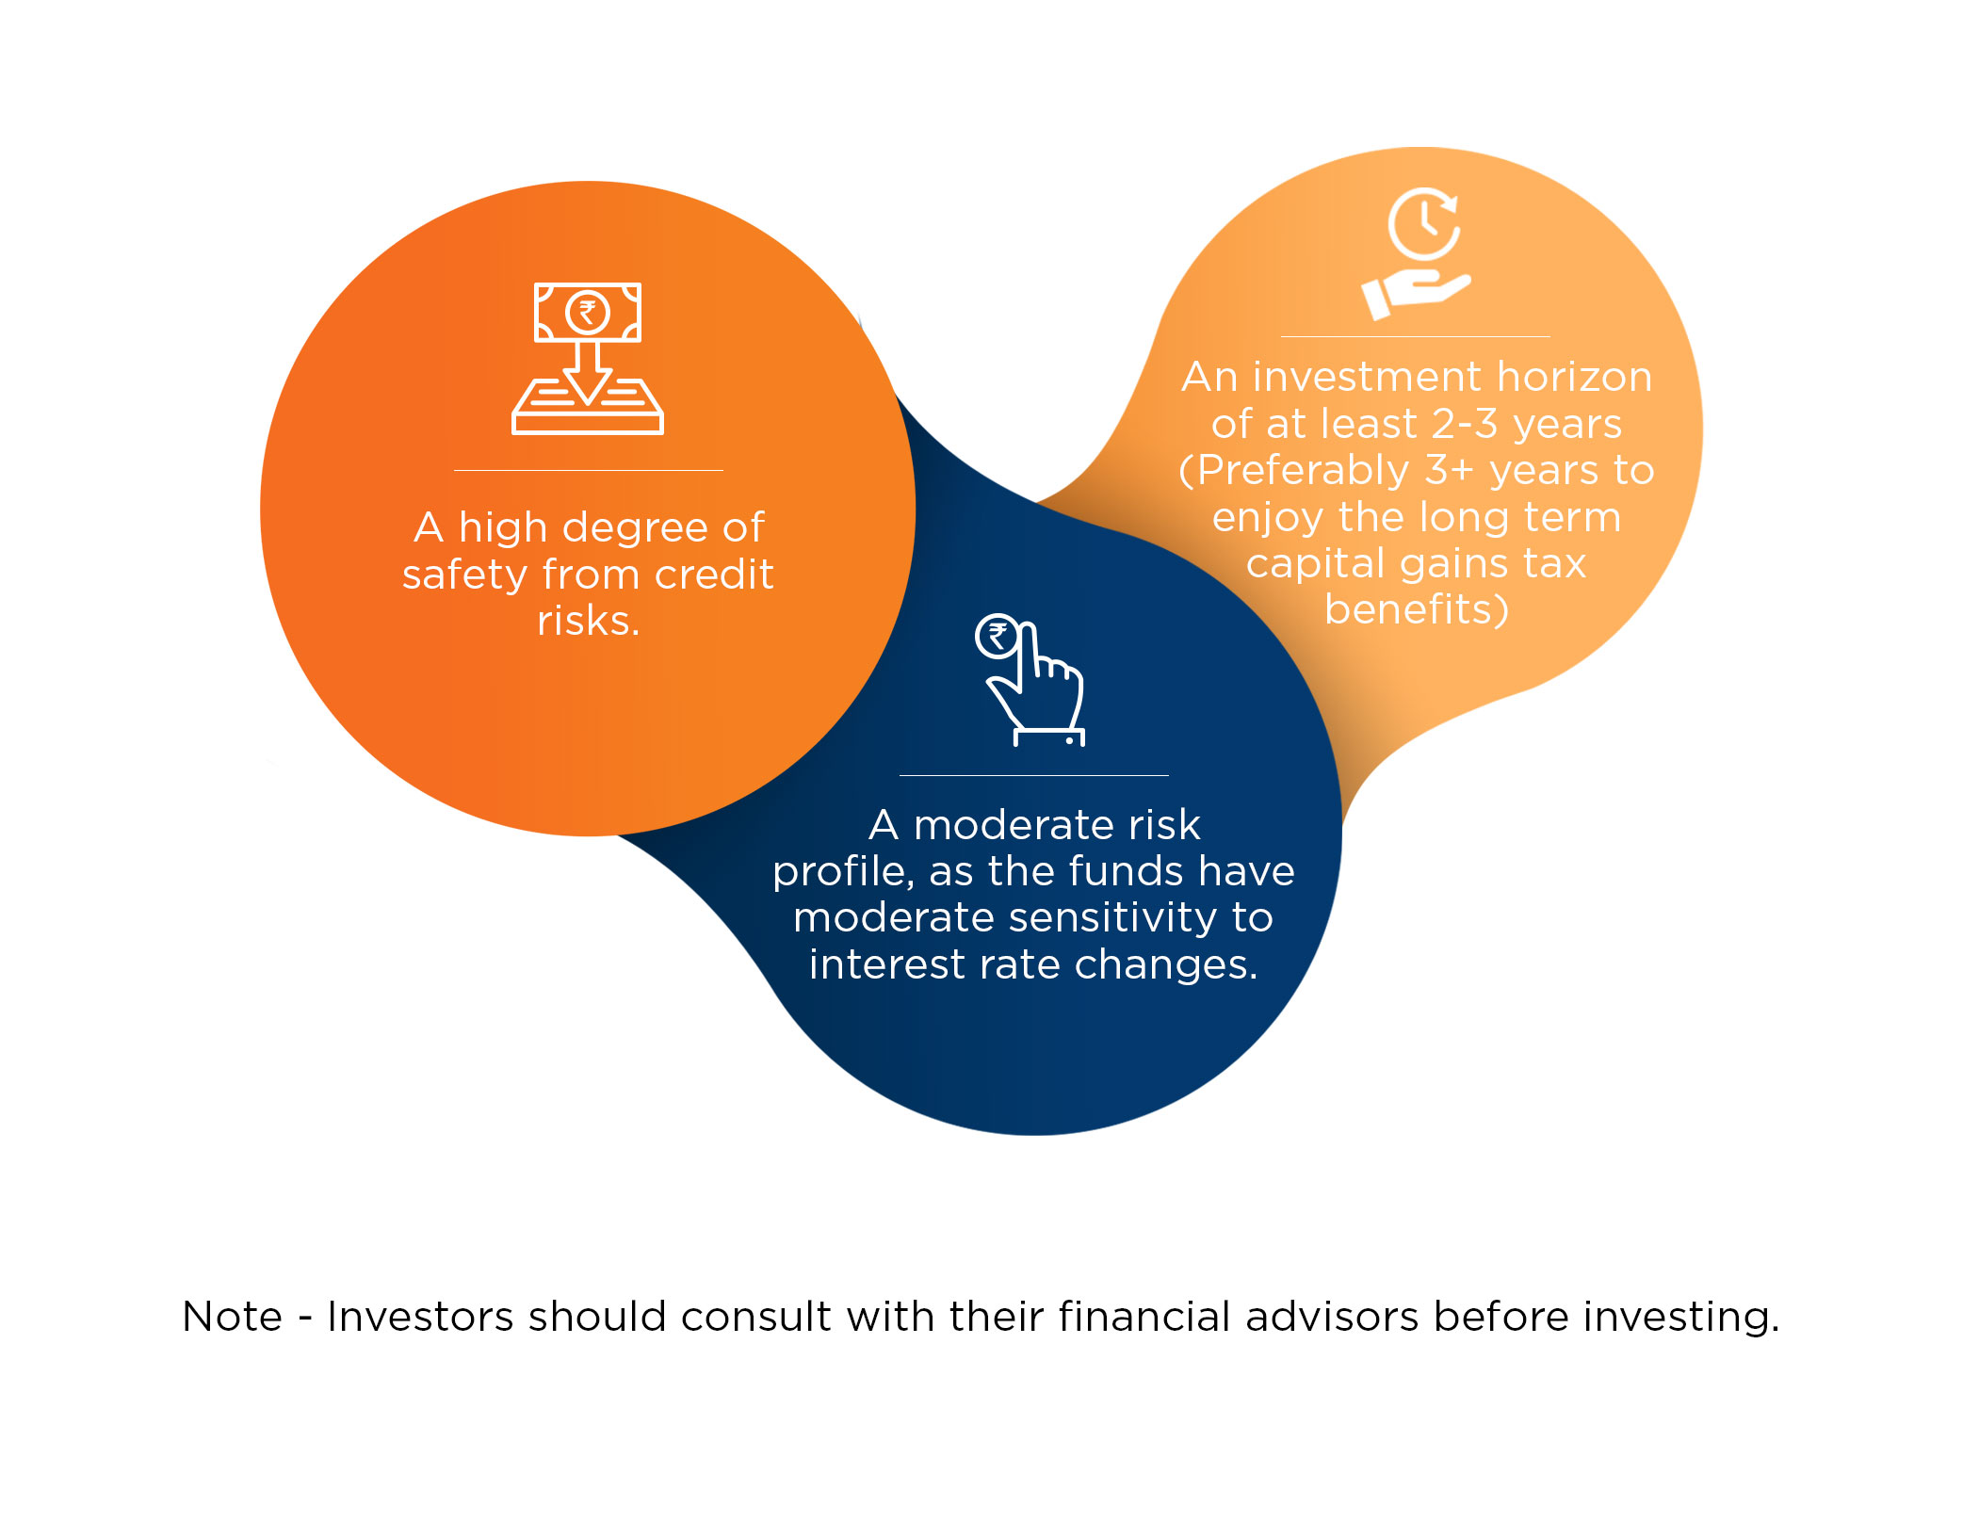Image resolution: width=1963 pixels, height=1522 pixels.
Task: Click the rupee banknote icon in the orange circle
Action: coord(588,313)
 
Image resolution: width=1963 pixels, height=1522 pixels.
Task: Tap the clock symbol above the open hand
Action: coord(1423,224)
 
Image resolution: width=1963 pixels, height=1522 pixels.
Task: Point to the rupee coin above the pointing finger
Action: coord(997,637)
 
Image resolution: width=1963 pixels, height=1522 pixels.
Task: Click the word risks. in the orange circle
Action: coord(589,621)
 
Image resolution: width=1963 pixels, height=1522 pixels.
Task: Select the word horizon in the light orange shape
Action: coord(1575,377)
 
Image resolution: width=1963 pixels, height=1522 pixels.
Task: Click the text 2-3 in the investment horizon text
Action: coord(1465,424)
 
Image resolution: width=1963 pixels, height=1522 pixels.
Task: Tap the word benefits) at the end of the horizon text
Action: coord(1417,609)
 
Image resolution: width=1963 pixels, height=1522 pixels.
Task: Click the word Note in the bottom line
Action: coord(233,1317)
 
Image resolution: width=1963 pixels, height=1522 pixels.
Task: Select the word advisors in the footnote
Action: coord(1332,1317)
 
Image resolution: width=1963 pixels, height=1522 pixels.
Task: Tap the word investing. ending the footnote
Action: coord(1681,1318)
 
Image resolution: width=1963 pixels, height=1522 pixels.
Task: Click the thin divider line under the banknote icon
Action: coord(589,470)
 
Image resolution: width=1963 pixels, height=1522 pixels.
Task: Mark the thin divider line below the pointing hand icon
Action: coord(1034,775)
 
